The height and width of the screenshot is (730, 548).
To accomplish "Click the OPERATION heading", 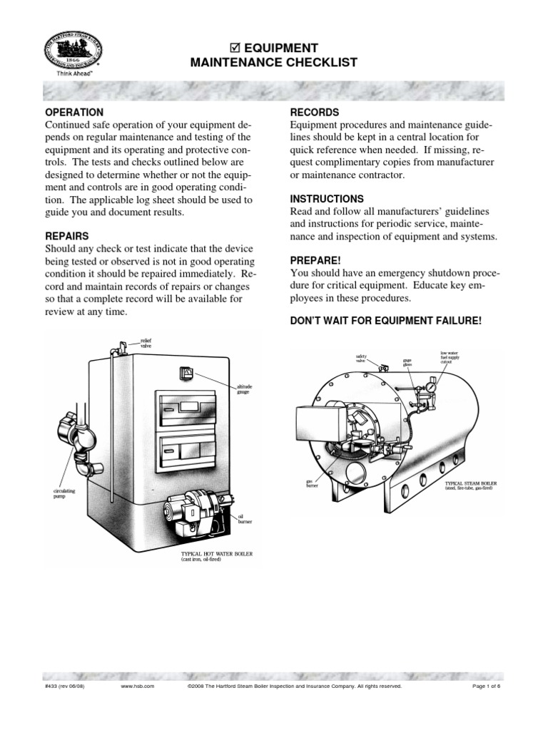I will [74, 113].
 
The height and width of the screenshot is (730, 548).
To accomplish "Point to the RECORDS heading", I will [314, 113].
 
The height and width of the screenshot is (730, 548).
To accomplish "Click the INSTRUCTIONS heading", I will [326, 199].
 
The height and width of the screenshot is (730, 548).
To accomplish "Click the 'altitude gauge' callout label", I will [244, 389].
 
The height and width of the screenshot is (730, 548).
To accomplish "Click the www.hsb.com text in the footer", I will [135, 686].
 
